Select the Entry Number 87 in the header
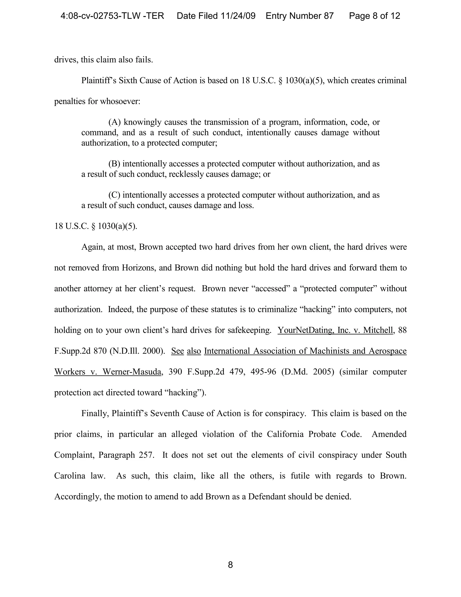(x=300, y=16)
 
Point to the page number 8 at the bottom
(x=230, y=565)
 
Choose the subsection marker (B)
(x=114, y=164)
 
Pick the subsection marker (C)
(x=114, y=195)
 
